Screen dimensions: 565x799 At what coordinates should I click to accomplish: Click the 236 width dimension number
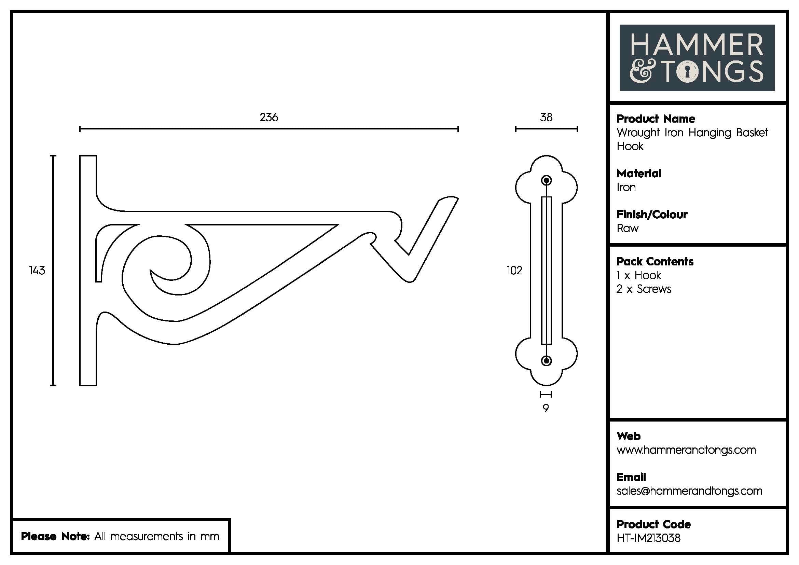268,117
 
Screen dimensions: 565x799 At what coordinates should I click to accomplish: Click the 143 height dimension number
37,270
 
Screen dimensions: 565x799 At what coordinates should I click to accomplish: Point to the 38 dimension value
546,117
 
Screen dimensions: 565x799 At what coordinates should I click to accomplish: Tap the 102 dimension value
514,270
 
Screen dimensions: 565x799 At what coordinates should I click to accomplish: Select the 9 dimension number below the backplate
546,408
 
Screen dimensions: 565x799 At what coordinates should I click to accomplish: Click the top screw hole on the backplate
546,181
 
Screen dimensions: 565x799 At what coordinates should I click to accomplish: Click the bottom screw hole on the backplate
546,360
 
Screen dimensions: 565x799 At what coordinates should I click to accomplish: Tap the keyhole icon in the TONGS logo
687,72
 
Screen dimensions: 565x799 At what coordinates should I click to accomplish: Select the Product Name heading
656,119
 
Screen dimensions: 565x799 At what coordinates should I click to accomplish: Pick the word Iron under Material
626,187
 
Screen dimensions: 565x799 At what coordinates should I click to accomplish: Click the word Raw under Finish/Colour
628,228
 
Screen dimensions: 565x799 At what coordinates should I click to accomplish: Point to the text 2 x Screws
644,289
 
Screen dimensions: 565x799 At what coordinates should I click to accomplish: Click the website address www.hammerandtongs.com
686,450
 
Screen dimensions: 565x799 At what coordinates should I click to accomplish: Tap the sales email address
689,491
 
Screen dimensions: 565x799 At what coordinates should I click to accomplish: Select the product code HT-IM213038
648,538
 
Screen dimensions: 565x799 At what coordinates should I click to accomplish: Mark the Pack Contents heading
655,262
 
